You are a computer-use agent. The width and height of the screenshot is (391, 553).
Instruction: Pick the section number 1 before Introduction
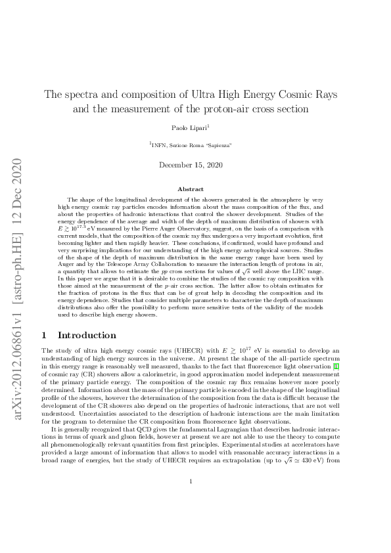pyautogui.click(x=44, y=335)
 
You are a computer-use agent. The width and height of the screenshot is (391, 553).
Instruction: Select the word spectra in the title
pyautogui.click(x=80, y=94)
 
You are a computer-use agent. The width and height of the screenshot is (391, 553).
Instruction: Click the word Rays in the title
pyautogui.click(x=325, y=94)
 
